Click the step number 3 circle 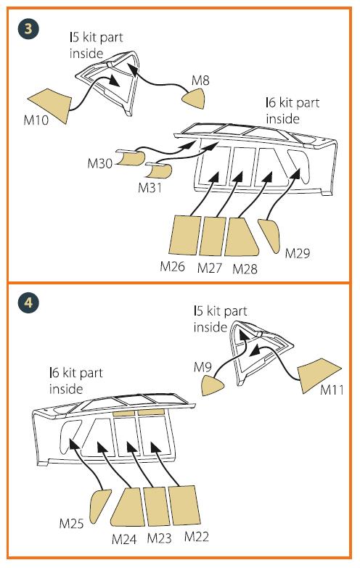tap(28, 28)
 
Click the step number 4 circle tap(28, 302)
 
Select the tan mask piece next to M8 tap(194, 98)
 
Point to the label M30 tap(99, 163)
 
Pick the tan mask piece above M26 tap(184, 236)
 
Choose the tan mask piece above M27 tap(213, 236)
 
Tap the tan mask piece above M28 tap(241, 237)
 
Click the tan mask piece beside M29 tap(271, 235)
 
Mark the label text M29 tap(298, 253)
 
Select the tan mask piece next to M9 tap(212, 385)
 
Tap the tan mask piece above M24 tap(128, 506)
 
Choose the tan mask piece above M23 tap(157, 506)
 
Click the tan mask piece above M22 tap(184, 506)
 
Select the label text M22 tap(197, 537)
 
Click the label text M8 tap(200, 80)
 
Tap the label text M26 tap(173, 267)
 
